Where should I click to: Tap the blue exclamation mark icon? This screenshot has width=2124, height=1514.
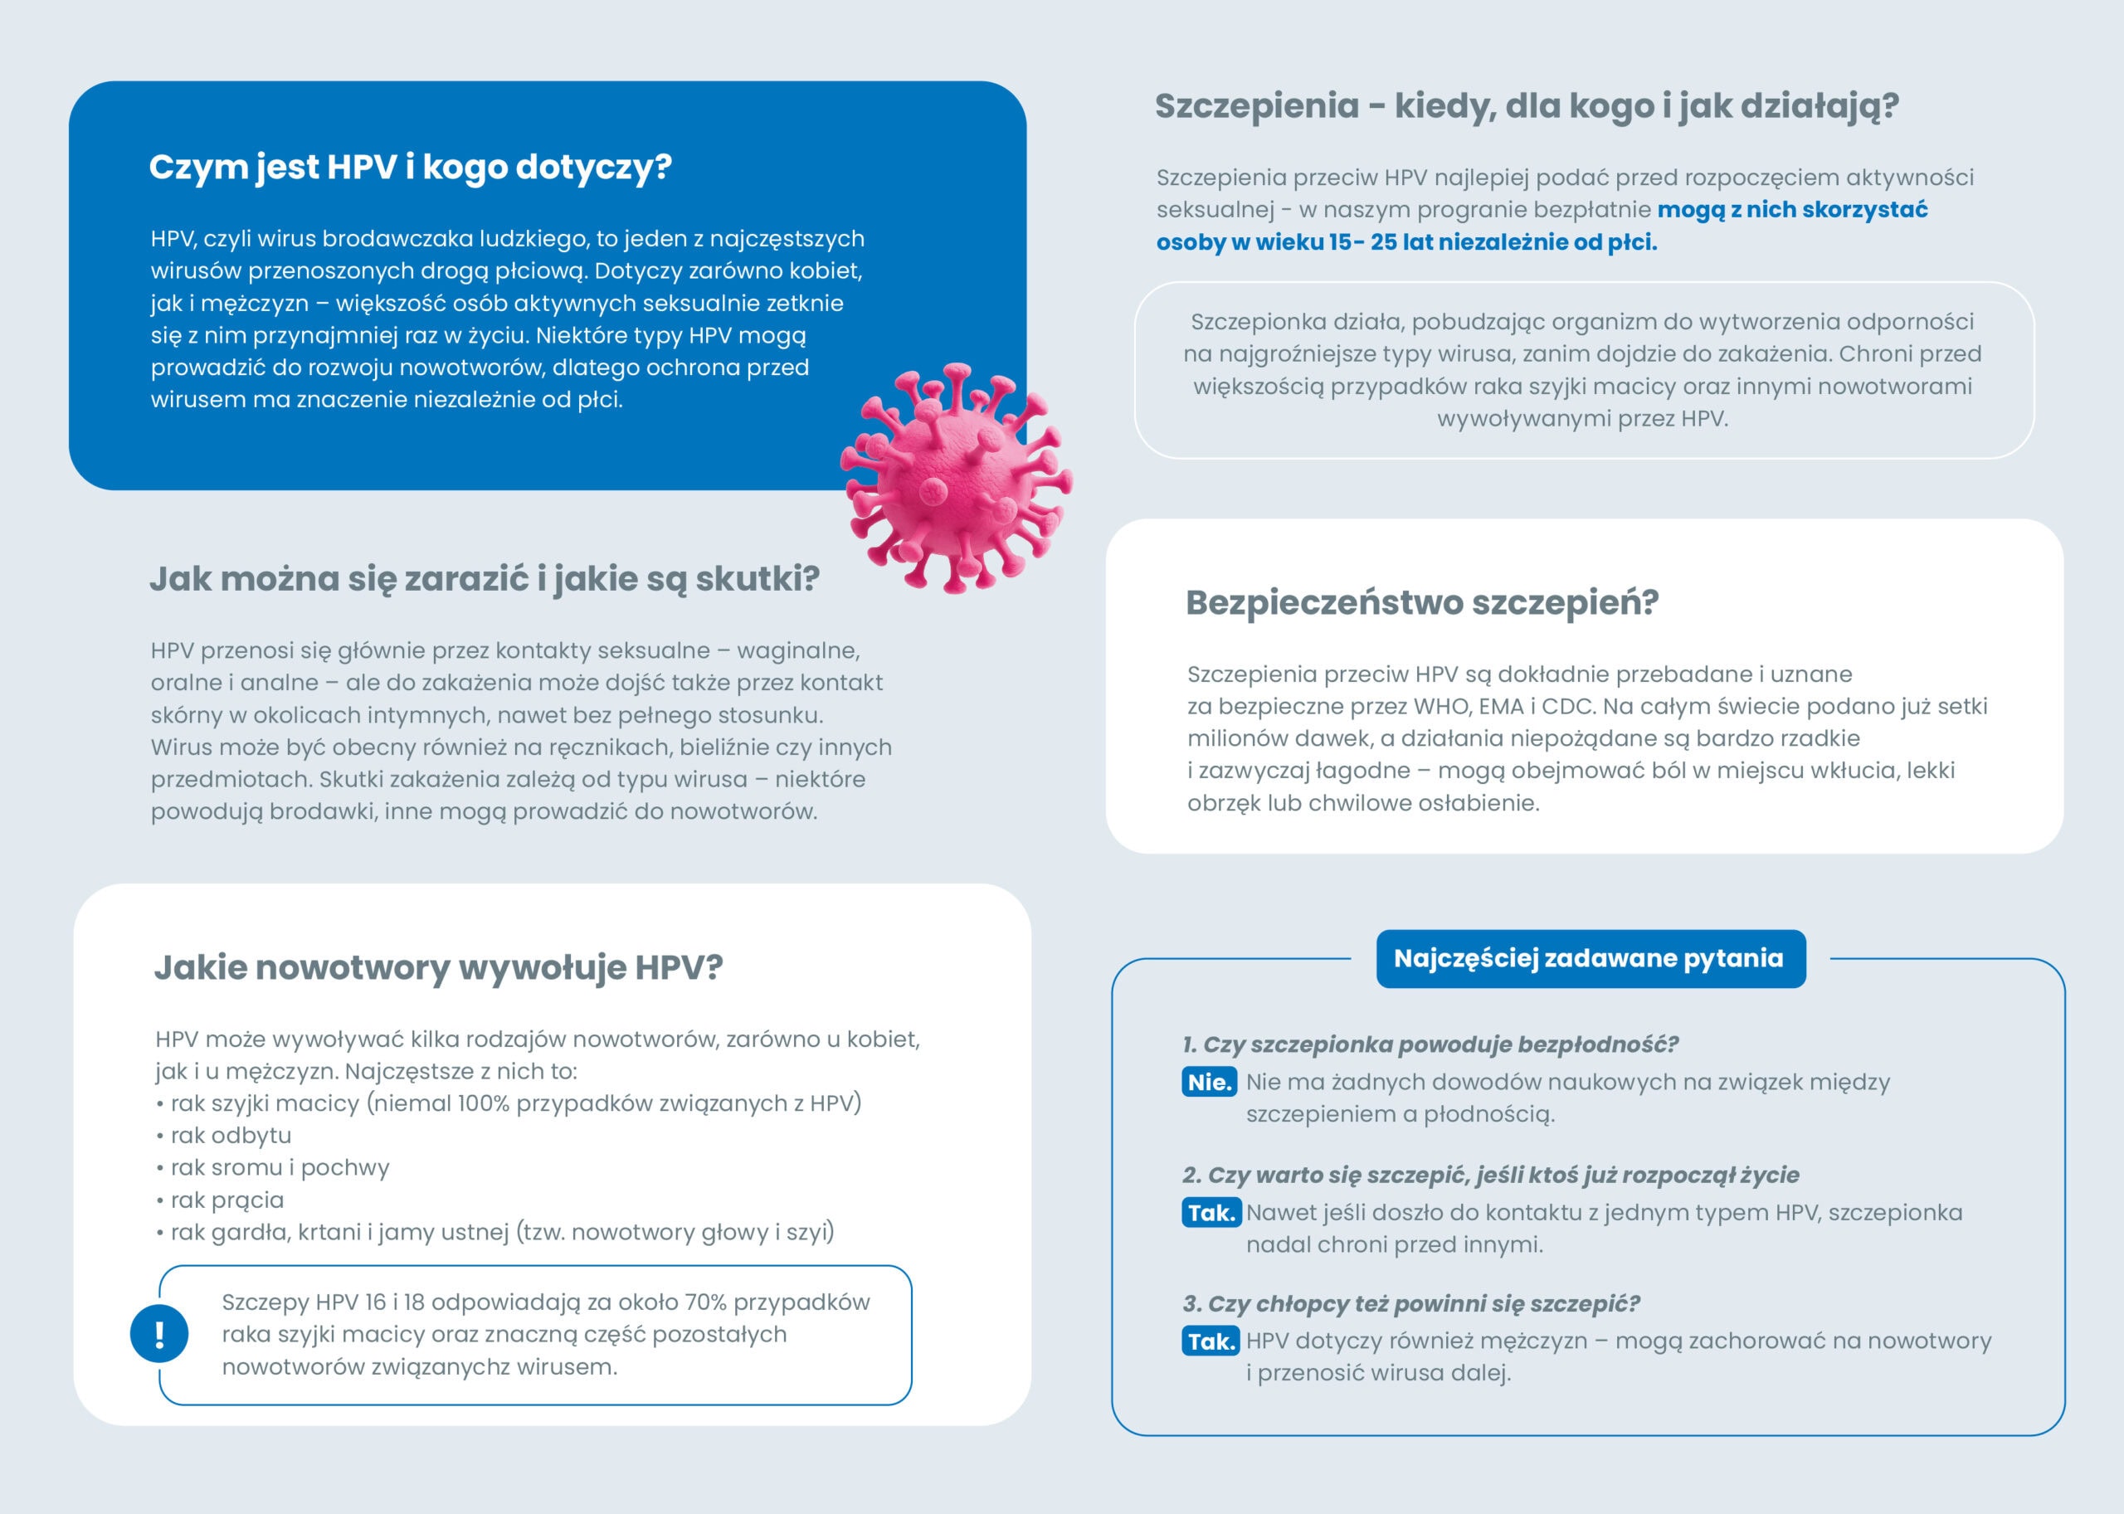point(159,1334)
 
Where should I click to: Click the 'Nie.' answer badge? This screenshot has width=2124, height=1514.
point(1211,1083)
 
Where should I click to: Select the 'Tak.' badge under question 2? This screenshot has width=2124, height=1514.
point(1211,1213)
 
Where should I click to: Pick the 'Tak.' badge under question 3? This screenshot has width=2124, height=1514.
point(1211,1341)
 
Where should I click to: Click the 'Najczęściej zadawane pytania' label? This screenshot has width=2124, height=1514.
point(1590,958)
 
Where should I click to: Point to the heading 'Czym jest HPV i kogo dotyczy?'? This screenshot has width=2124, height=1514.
point(410,168)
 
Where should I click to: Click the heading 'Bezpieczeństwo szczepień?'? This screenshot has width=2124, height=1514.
point(1422,603)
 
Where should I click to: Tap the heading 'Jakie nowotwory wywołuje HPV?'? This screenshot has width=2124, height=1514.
point(438,967)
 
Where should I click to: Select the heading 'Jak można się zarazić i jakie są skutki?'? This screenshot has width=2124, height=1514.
point(485,579)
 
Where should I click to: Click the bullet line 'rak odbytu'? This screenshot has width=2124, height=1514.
point(231,1136)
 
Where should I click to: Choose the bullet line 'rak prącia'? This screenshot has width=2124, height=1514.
point(227,1200)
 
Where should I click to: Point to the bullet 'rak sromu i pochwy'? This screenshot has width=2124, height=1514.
point(279,1167)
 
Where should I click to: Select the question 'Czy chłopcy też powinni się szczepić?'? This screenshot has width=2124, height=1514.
point(1423,1303)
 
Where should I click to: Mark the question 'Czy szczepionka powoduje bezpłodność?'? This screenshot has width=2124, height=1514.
point(1440,1044)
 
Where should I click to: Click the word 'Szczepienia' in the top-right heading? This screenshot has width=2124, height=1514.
point(1257,106)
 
